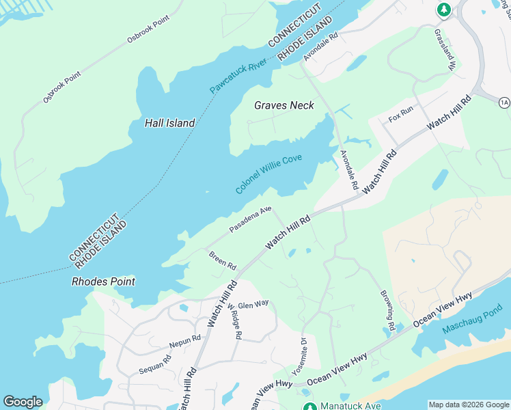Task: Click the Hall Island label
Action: pyautogui.click(x=170, y=123)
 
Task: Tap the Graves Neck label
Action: pyautogui.click(x=284, y=105)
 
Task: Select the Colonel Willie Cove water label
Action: pyautogui.click(x=268, y=174)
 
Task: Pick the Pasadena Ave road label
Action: pyautogui.click(x=250, y=219)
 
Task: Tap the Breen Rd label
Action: pyautogui.click(x=222, y=260)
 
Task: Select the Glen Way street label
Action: pyautogui.click(x=253, y=304)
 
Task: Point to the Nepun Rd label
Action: pyautogui.click(x=184, y=339)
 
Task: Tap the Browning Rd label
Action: pyautogui.click(x=387, y=310)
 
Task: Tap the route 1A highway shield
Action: pyautogui.click(x=504, y=102)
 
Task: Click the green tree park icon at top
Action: pyautogui.click(x=443, y=10)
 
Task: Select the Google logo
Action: pyautogui.click(x=23, y=402)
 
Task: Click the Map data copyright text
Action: pyautogui.click(x=469, y=405)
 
